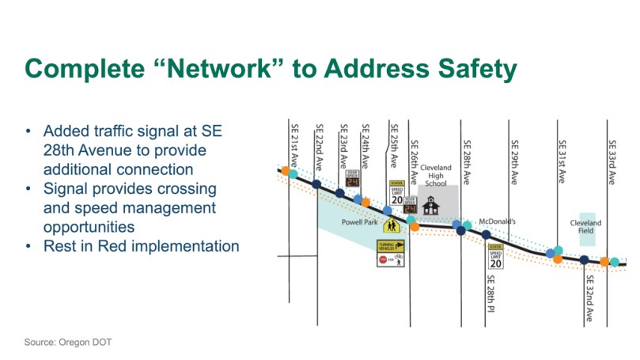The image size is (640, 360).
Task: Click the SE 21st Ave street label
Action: [293, 143]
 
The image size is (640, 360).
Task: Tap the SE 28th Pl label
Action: [491, 289]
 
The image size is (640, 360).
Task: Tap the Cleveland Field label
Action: [587, 227]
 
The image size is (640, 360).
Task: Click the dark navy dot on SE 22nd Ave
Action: [316, 185]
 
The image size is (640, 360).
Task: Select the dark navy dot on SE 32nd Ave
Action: [585, 260]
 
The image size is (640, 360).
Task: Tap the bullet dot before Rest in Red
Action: [29, 247]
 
